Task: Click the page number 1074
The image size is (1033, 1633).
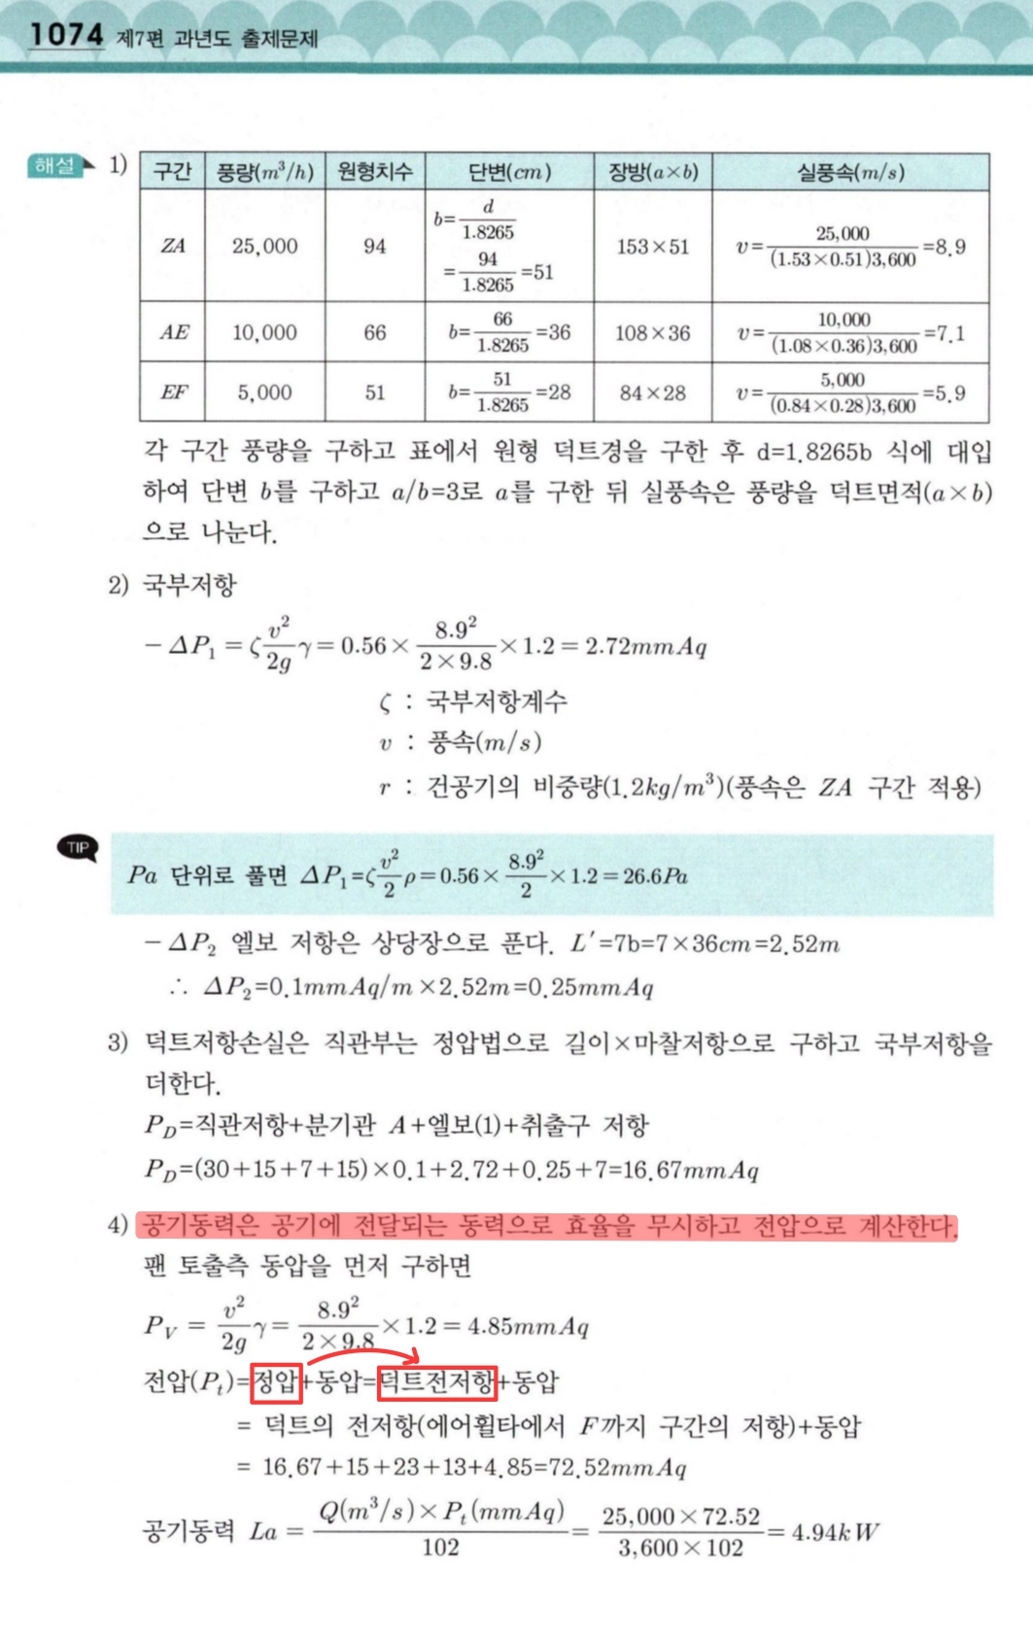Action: coord(65,35)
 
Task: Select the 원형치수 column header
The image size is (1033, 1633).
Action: coord(375,172)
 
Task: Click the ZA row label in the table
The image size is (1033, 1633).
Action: coord(172,246)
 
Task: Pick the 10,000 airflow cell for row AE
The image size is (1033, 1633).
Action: coord(264,332)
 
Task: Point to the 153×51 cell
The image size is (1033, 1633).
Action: coord(652,247)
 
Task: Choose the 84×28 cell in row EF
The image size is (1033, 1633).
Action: coord(652,393)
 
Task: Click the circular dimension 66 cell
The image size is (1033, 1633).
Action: coord(375,332)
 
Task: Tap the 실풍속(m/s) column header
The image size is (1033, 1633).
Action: coord(850,172)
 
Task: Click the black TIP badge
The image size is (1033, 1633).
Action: coord(78,848)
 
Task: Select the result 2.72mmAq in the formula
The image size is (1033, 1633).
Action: coord(645,646)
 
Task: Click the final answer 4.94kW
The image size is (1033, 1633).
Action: coord(835,1533)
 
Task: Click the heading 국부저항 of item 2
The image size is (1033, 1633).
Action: coord(189,585)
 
